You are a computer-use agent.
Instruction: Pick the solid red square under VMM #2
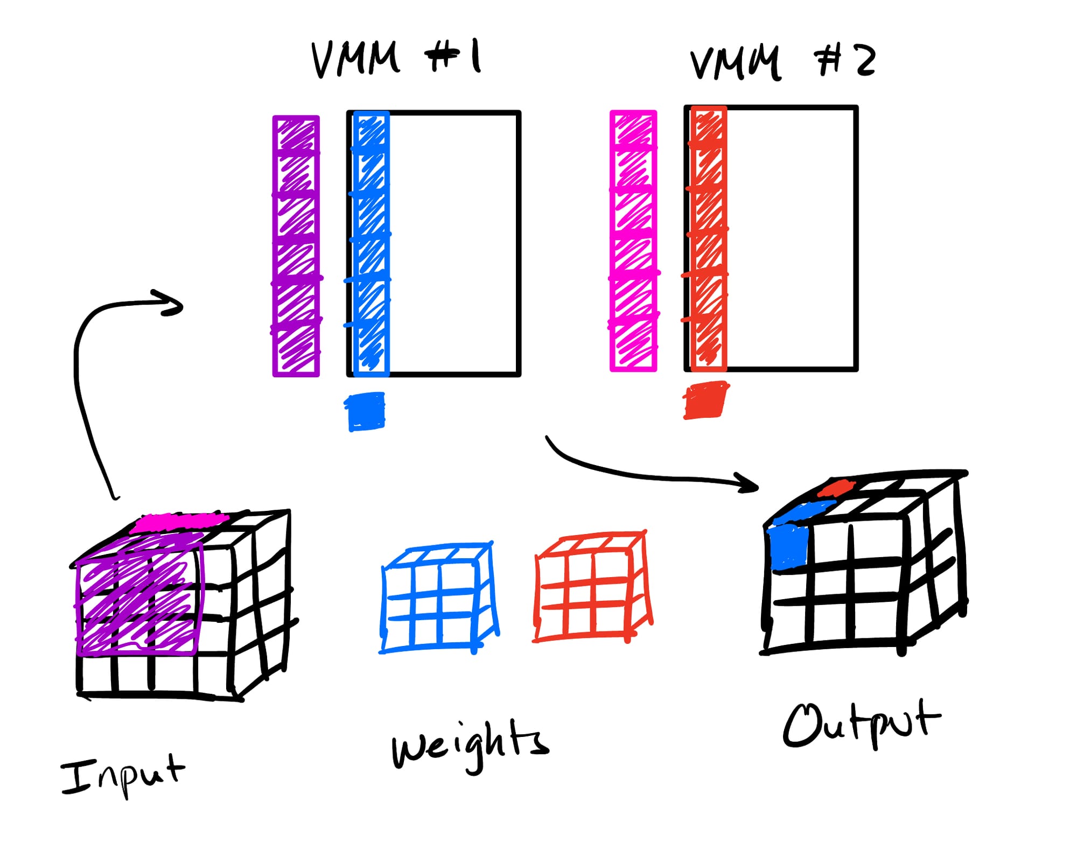(x=705, y=400)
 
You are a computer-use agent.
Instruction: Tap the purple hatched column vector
(x=296, y=246)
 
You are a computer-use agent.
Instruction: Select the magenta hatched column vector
(x=633, y=241)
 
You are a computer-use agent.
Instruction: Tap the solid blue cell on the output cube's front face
(x=788, y=547)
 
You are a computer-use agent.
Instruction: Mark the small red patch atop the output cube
(x=836, y=488)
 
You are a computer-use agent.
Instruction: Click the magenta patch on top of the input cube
(x=180, y=521)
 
